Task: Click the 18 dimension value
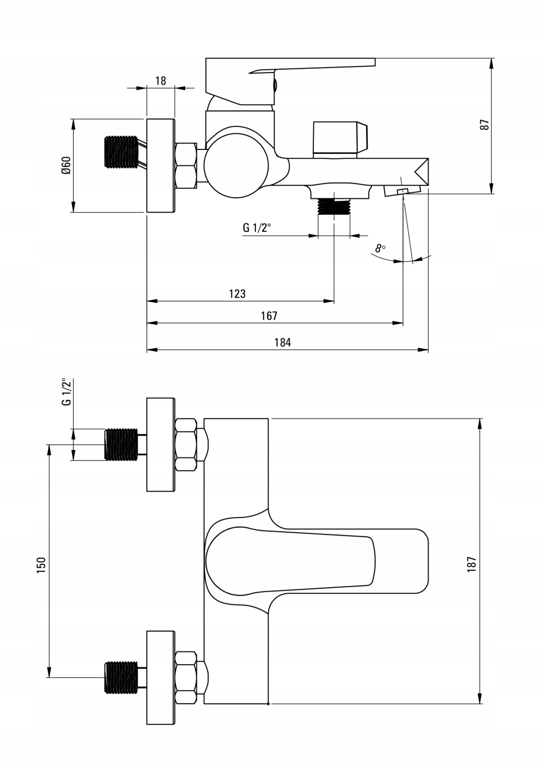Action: (160, 81)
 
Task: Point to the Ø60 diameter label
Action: (66, 165)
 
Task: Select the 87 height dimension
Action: (484, 125)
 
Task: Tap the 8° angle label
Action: (380, 248)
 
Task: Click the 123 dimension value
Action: (237, 294)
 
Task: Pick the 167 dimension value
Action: (269, 316)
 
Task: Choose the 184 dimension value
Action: (282, 343)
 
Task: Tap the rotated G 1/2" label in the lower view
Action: (66, 392)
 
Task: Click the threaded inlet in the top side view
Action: (120, 152)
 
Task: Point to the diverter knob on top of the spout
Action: (340, 138)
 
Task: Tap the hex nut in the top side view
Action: (186, 166)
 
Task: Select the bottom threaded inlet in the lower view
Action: (121, 677)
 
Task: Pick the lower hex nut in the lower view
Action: (186, 677)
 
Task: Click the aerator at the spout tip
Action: (402, 191)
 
